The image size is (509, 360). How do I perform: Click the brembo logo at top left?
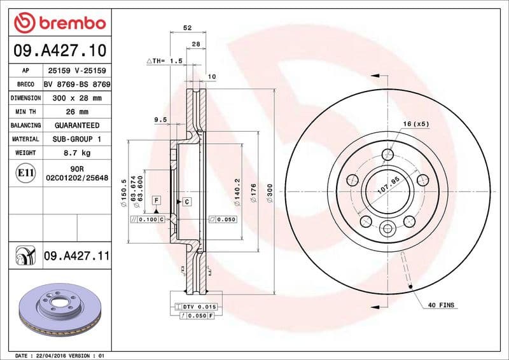click(x=59, y=24)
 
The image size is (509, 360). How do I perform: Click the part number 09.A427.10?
click(x=59, y=50)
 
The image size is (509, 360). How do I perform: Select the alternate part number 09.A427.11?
click(x=76, y=256)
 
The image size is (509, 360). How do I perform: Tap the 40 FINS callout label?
click(x=441, y=305)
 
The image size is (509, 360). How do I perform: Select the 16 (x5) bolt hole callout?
click(x=416, y=123)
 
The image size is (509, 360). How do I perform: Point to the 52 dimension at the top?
click(x=187, y=28)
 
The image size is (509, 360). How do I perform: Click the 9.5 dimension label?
click(x=160, y=119)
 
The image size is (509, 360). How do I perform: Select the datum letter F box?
click(x=155, y=200)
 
